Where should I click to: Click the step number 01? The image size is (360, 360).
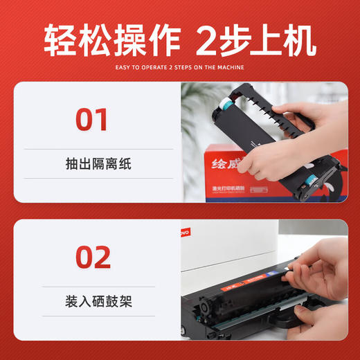coord(92,118)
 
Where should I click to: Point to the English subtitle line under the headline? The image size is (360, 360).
coord(179,67)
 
